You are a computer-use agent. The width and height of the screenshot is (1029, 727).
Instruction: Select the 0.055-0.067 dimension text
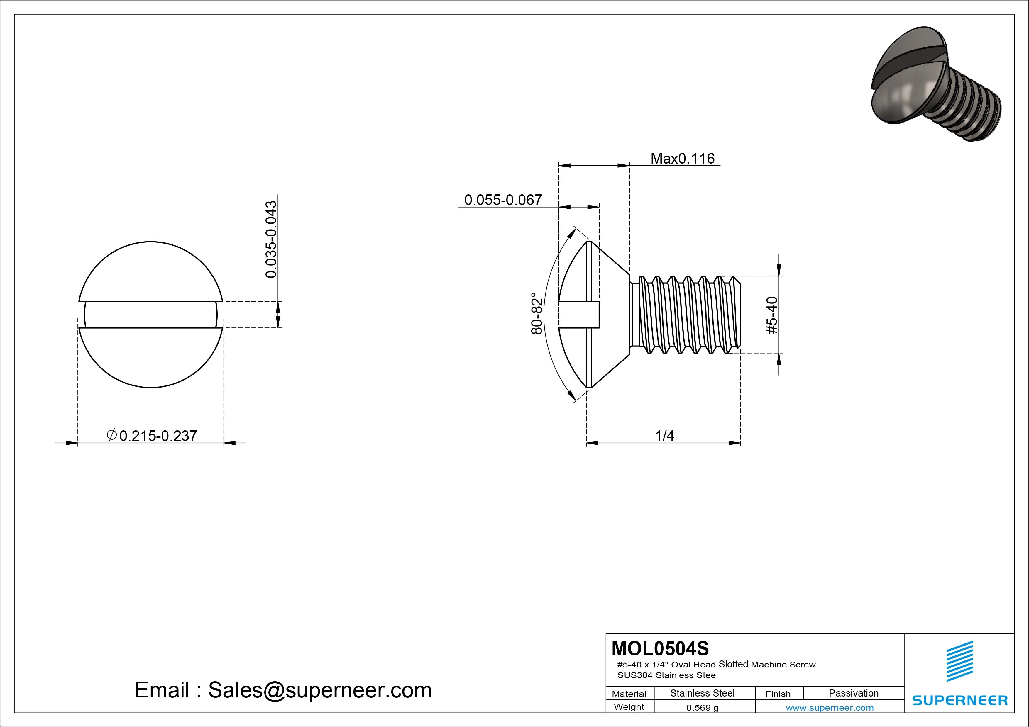pyautogui.click(x=503, y=200)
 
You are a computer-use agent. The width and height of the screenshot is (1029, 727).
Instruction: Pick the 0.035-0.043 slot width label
pyautogui.click(x=271, y=239)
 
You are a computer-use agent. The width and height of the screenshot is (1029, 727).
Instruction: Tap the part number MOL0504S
pyautogui.click(x=660, y=648)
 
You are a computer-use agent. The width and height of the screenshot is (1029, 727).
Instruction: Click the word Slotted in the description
pyautogui.click(x=733, y=664)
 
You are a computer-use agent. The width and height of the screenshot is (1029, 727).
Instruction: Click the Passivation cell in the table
pyautogui.click(x=853, y=693)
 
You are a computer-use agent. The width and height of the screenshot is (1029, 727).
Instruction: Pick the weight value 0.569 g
pyautogui.click(x=702, y=708)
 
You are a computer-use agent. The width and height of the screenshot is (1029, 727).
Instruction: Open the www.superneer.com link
pyautogui.click(x=830, y=708)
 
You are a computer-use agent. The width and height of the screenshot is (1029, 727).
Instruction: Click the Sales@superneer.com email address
pyautogui.click(x=319, y=690)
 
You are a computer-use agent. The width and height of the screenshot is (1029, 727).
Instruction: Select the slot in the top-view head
pyautogui.click(x=150, y=315)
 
